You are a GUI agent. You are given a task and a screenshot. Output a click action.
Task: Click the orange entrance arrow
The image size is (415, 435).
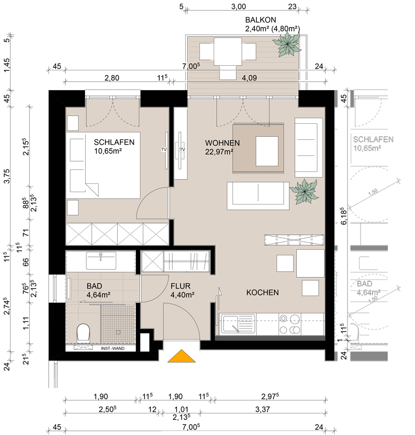(182, 356)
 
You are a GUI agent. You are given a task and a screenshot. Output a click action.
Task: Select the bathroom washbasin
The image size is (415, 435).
(101, 260)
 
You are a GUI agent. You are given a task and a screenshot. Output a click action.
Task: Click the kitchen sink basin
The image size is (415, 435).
(230, 324)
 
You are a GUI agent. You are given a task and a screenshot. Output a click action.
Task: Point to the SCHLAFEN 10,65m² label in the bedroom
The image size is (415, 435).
(114, 147)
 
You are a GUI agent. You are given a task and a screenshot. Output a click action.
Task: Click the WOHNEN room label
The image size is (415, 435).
(223, 143)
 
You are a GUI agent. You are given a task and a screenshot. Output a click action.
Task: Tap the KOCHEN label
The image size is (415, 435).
(262, 293)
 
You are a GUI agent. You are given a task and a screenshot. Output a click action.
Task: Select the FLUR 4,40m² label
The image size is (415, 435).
(182, 290)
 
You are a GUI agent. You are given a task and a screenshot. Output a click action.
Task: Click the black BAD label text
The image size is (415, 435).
(94, 286)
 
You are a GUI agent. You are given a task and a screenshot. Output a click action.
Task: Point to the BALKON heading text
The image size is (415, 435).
(260, 20)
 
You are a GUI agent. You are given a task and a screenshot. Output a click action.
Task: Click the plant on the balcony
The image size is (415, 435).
(287, 44)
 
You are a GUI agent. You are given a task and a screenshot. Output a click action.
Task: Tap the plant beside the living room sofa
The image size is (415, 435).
(304, 192)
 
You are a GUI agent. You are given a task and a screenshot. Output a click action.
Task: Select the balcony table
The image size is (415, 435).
(228, 51)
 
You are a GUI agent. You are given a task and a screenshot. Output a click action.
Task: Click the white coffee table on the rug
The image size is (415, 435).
(267, 151)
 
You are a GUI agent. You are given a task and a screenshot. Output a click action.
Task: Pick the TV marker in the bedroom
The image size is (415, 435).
(164, 150)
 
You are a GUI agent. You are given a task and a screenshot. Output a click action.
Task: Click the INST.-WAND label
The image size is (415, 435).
(113, 349)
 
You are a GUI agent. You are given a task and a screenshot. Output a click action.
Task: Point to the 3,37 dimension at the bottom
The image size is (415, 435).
(262, 409)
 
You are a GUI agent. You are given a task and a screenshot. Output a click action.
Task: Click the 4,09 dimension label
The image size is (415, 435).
(249, 78)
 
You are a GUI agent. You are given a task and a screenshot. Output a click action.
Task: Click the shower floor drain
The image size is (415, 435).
(118, 332)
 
